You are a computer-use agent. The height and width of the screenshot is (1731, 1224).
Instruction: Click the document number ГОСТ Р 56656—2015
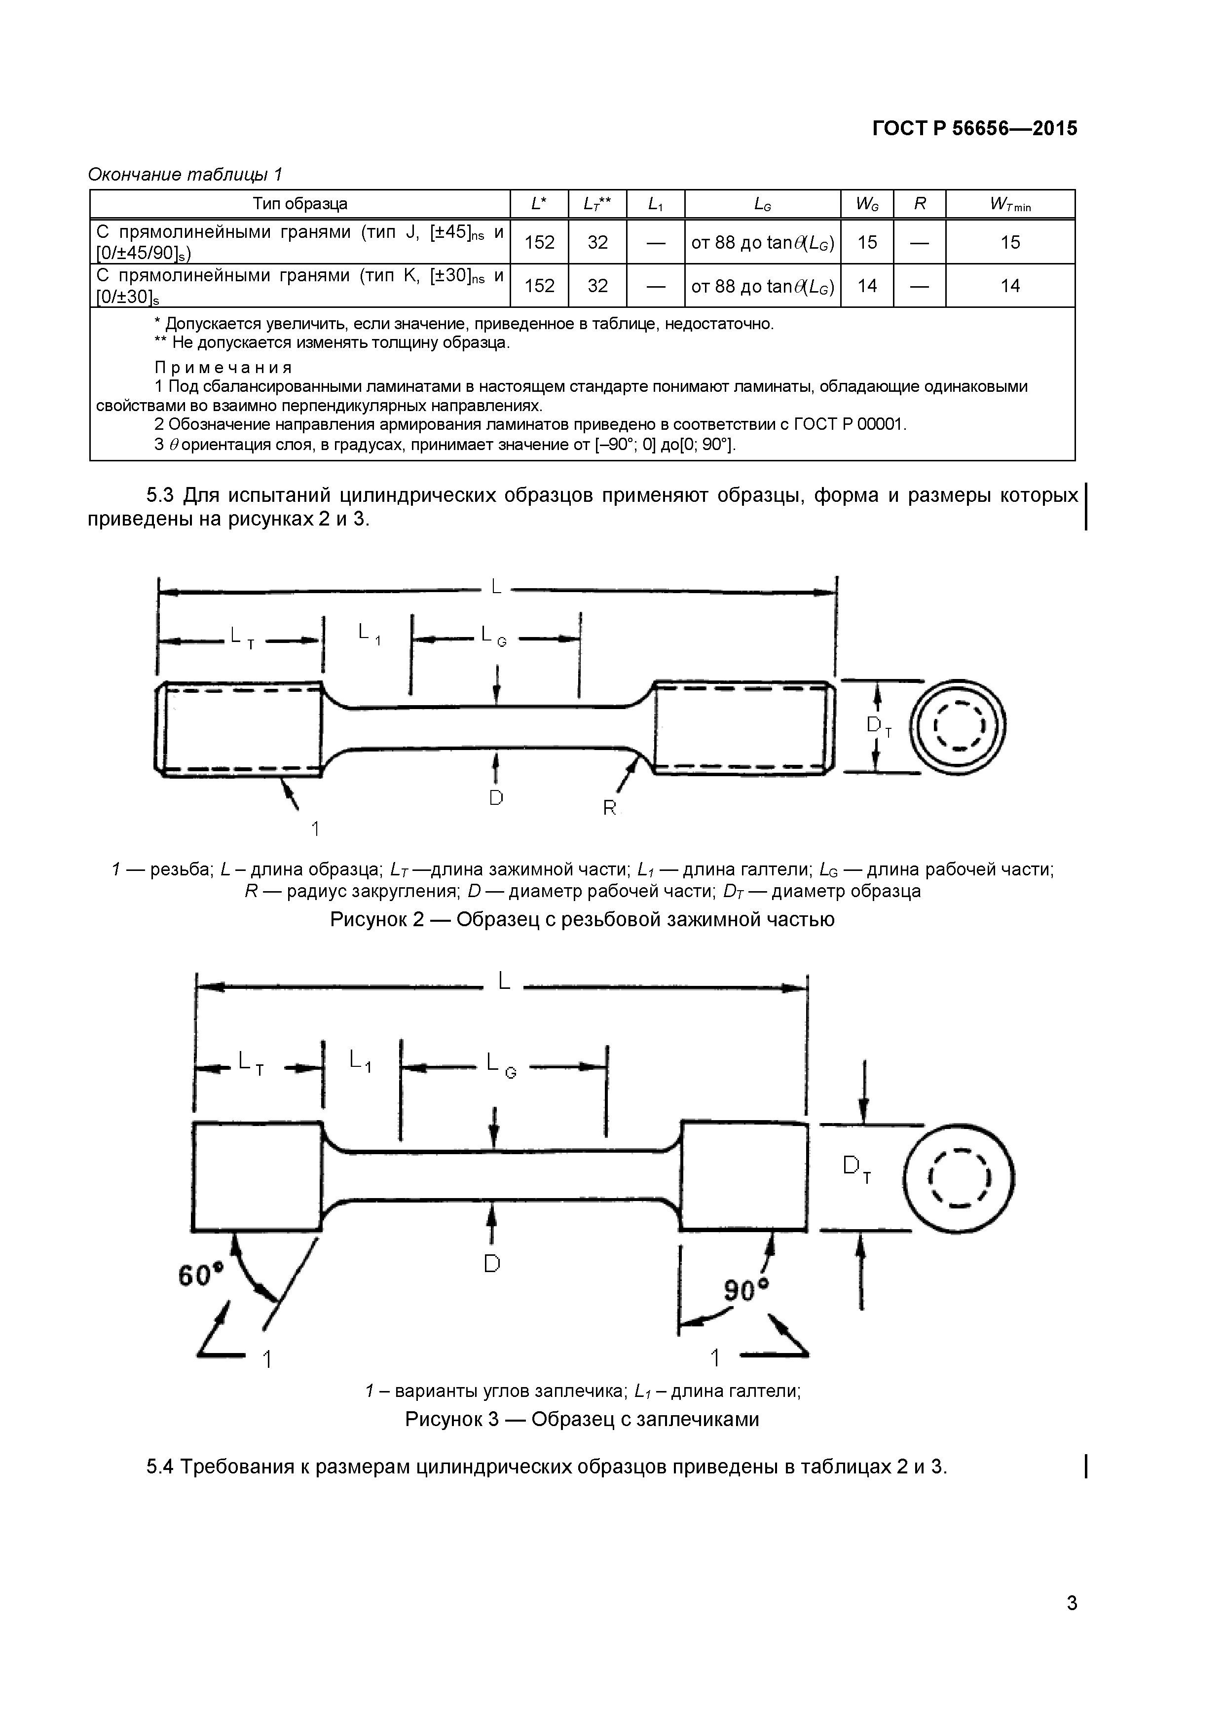[x=974, y=129]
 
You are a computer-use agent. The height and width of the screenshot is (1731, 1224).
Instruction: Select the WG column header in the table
[x=867, y=204]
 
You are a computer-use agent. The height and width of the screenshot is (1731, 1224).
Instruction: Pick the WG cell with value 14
[x=867, y=286]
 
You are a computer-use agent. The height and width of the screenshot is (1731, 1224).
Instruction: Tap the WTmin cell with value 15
[x=1010, y=242]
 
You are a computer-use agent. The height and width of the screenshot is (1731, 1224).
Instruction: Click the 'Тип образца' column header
[x=300, y=204]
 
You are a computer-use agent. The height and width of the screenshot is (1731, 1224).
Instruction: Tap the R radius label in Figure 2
[x=610, y=808]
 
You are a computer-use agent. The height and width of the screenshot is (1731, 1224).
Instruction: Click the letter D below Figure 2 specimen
[x=496, y=797]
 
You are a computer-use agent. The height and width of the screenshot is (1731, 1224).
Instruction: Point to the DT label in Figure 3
[x=856, y=1168]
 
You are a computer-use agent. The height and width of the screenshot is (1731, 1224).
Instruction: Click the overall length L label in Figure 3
[x=504, y=980]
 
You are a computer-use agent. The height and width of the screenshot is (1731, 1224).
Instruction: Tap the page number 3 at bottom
[x=1072, y=1624]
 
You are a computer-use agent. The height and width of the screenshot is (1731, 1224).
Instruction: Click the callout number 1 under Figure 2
[x=315, y=828]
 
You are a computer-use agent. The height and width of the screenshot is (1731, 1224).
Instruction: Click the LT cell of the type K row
[x=597, y=286]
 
